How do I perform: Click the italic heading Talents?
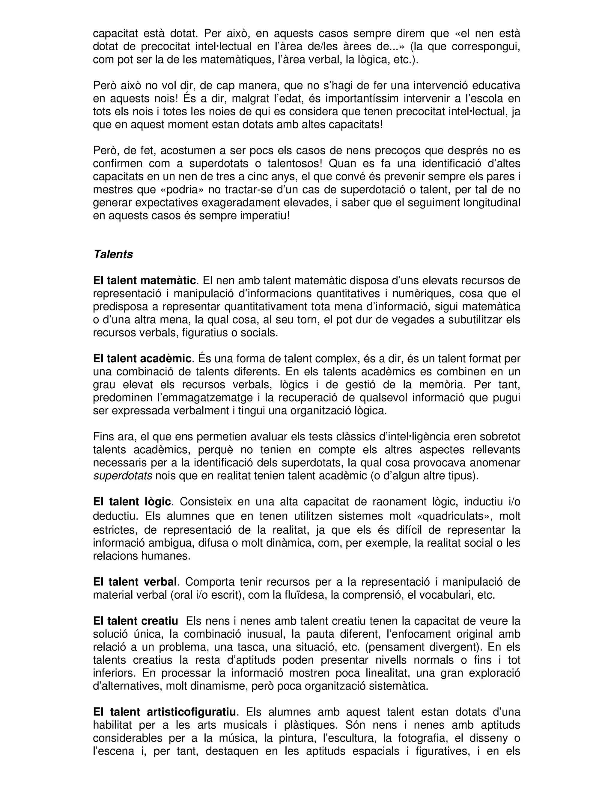(113, 254)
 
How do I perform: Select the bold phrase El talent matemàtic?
(145, 280)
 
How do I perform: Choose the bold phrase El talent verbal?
(135, 582)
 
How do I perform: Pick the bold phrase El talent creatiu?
(135, 621)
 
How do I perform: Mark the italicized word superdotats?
(123, 476)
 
